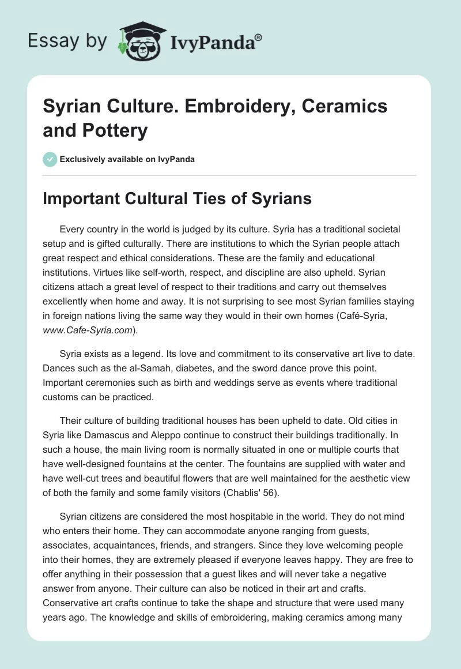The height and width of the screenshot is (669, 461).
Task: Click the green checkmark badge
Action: click(x=50, y=159)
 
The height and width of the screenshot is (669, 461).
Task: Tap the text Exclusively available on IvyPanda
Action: click(x=128, y=159)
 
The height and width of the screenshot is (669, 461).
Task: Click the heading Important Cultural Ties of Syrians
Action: click(x=177, y=198)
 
